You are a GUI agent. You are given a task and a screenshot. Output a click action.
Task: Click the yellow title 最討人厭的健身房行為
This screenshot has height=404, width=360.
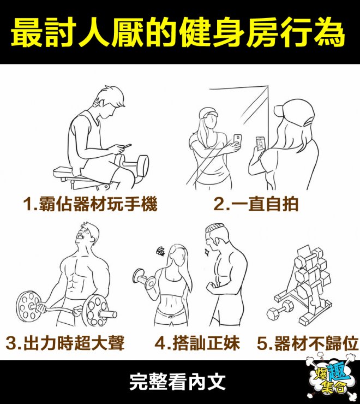[x=178, y=32]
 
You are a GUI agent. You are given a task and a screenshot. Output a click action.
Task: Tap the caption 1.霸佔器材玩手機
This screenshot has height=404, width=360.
[x=90, y=204]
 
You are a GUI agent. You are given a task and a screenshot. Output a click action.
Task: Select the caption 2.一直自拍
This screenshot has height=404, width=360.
[x=256, y=204]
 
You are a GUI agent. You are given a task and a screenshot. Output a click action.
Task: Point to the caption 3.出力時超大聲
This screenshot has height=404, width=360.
[x=65, y=343]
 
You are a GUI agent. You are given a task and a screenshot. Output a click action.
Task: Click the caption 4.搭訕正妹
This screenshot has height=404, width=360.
[x=197, y=343]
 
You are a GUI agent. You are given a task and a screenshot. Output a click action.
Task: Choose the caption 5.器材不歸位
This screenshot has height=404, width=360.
[x=308, y=343]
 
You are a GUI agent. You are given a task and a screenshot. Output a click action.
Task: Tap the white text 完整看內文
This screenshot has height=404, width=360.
[x=177, y=382]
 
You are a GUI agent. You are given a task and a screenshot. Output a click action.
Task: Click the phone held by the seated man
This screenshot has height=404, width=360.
[x=127, y=146]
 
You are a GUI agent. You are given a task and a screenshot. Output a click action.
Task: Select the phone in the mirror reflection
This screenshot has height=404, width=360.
[x=237, y=140]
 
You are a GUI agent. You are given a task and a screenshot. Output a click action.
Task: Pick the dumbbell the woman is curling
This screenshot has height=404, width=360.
[x=145, y=279]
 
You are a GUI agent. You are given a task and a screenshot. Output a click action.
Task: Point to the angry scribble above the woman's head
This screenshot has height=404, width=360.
[x=161, y=251]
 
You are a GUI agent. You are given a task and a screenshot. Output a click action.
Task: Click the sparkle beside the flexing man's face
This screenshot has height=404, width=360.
[x=206, y=252]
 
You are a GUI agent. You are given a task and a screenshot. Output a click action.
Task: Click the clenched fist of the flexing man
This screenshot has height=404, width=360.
[x=212, y=287]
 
